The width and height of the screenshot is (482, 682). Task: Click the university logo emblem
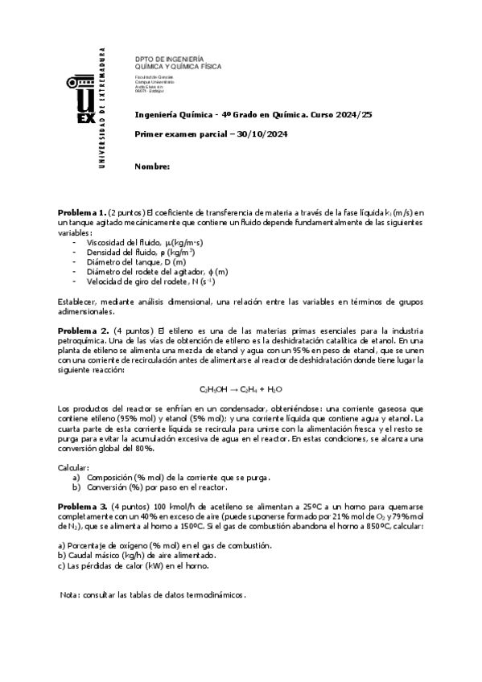tap(83, 101)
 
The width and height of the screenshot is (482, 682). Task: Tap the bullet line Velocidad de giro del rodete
tap(150, 282)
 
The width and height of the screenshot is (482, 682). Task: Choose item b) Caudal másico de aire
tap(137, 555)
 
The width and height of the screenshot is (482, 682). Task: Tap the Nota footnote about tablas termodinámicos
tap(153, 596)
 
